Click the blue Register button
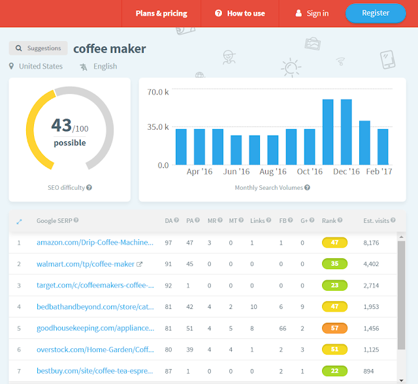(x=376, y=13)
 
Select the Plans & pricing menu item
(x=161, y=13)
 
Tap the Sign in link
(x=312, y=13)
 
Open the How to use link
(x=240, y=13)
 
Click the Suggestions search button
(x=38, y=48)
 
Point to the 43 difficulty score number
(x=61, y=125)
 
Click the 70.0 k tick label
(x=158, y=92)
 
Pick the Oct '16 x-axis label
(x=310, y=171)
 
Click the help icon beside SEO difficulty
(x=89, y=188)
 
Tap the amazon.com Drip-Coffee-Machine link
(x=95, y=243)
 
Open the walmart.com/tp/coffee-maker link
(x=86, y=264)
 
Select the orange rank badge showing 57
(x=334, y=328)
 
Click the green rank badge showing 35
(x=334, y=264)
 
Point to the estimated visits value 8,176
(x=371, y=243)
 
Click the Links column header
(x=257, y=220)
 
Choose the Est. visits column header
(x=376, y=220)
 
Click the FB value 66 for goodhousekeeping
(x=283, y=329)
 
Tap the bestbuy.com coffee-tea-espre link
(x=95, y=371)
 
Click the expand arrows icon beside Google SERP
(x=19, y=222)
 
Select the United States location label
(x=40, y=66)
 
